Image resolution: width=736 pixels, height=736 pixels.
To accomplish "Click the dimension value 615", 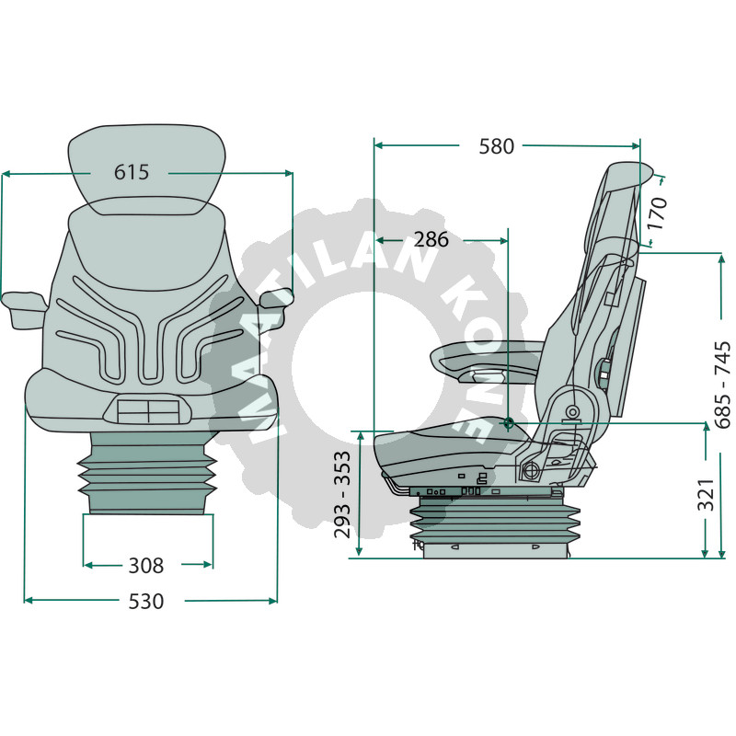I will pyautogui.click(x=131, y=172).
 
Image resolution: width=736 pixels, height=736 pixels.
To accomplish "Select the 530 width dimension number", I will pyautogui.click(x=146, y=602).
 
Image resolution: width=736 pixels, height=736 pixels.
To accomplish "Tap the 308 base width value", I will pyautogui.click(x=145, y=565).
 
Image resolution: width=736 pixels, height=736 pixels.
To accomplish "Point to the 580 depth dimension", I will pyautogui.click(x=497, y=145).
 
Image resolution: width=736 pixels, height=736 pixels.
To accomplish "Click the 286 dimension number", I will pyautogui.click(x=431, y=240).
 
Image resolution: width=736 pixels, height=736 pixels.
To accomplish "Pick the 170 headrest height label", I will pyautogui.click(x=656, y=213).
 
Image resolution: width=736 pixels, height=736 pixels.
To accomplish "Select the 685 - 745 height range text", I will pyautogui.click(x=721, y=384).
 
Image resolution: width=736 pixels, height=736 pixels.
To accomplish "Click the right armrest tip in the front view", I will pyautogui.click(x=276, y=298).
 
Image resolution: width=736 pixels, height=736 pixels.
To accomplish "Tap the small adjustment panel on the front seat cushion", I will pyautogui.click(x=147, y=408).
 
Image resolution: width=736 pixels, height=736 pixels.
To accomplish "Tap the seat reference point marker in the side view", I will pyautogui.click(x=509, y=423).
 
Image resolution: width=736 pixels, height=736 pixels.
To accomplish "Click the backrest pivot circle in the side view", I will pyautogui.click(x=571, y=411).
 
